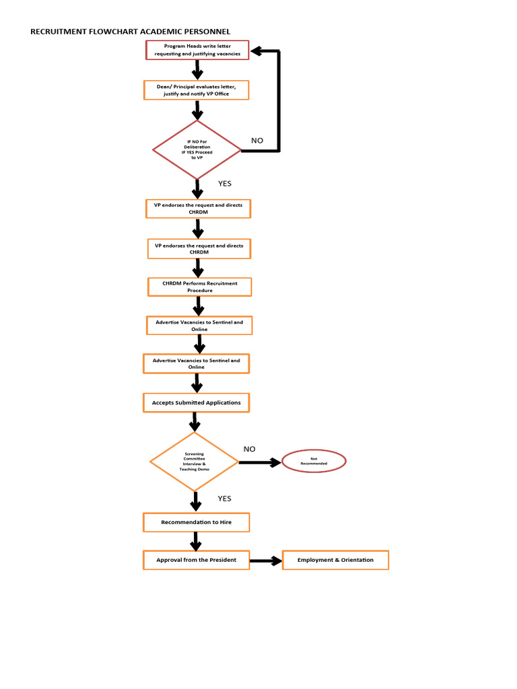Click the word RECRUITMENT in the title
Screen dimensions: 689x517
[x=59, y=32]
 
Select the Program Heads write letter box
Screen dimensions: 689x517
[x=197, y=50]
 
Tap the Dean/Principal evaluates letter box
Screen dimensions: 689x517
[x=196, y=90]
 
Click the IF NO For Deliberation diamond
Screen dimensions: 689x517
[x=197, y=149]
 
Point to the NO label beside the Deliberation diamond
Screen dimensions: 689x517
[x=257, y=141]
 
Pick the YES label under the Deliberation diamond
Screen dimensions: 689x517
[x=224, y=183]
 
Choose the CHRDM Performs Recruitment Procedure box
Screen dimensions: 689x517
[x=199, y=287]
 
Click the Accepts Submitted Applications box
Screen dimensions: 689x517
[x=196, y=402]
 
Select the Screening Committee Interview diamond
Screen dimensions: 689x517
[x=194, y=462]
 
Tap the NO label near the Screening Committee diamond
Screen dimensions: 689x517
[x=250, y=449]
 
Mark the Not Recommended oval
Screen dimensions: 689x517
[x=314, y=461]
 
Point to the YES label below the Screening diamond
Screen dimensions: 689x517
[x=224, y=499]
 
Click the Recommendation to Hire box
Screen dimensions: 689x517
[x=196, y=522]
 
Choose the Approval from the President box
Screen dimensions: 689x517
[x=196, y=560]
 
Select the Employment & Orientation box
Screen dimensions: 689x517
[x=335, y=560]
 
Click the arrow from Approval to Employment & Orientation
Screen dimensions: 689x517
[x=266, y=560]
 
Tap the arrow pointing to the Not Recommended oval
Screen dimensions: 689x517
[x=260, y=462]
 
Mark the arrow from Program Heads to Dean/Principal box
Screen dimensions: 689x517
[x=197, y=70]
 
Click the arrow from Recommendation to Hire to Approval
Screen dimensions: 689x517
[x=196, y=541]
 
